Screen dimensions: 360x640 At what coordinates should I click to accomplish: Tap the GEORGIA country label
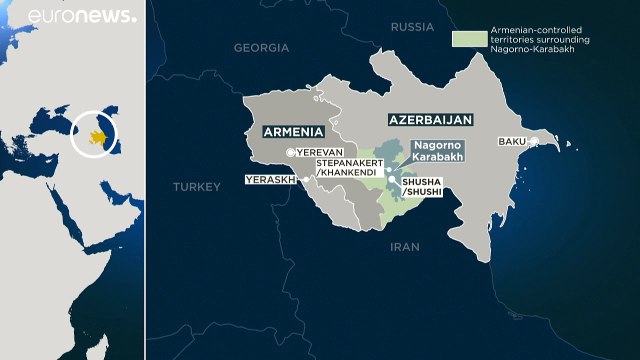click(261, 47)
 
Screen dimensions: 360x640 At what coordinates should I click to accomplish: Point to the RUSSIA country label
click(412, 26)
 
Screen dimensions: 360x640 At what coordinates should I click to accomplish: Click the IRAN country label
click(403, 246)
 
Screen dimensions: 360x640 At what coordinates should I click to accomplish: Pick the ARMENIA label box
click(293, 131)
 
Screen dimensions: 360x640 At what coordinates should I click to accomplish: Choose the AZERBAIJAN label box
click(429, 119)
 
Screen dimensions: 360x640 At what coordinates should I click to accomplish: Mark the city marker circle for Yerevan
click(291, 151)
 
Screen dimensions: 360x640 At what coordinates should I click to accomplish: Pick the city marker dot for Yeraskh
click(298, 181)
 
